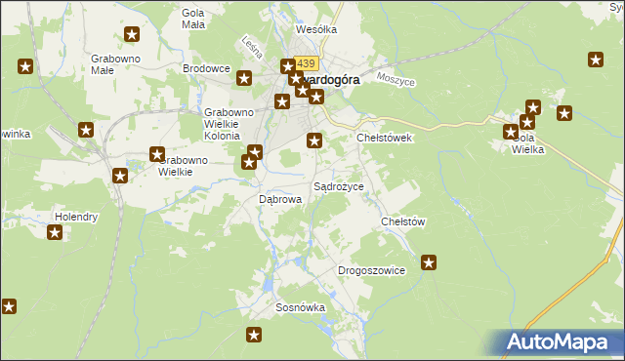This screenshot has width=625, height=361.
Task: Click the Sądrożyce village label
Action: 338,185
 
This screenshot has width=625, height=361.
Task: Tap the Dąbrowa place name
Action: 279,198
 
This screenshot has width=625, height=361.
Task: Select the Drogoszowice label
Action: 371,269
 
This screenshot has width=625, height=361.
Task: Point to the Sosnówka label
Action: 300,306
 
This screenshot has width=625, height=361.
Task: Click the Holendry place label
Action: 76,217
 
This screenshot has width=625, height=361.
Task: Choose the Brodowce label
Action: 206,69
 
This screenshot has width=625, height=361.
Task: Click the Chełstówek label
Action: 385,138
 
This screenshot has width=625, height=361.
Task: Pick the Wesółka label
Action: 315,29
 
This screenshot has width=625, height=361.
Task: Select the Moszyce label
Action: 396,79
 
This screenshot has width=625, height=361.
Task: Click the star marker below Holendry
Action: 55,232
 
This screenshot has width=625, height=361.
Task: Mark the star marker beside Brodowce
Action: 244,78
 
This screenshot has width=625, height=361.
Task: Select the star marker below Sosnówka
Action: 254,335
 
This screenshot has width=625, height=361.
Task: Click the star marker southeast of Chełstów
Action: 429,261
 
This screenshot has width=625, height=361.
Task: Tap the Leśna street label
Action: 248,45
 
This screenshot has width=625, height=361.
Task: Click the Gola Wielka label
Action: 528,143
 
